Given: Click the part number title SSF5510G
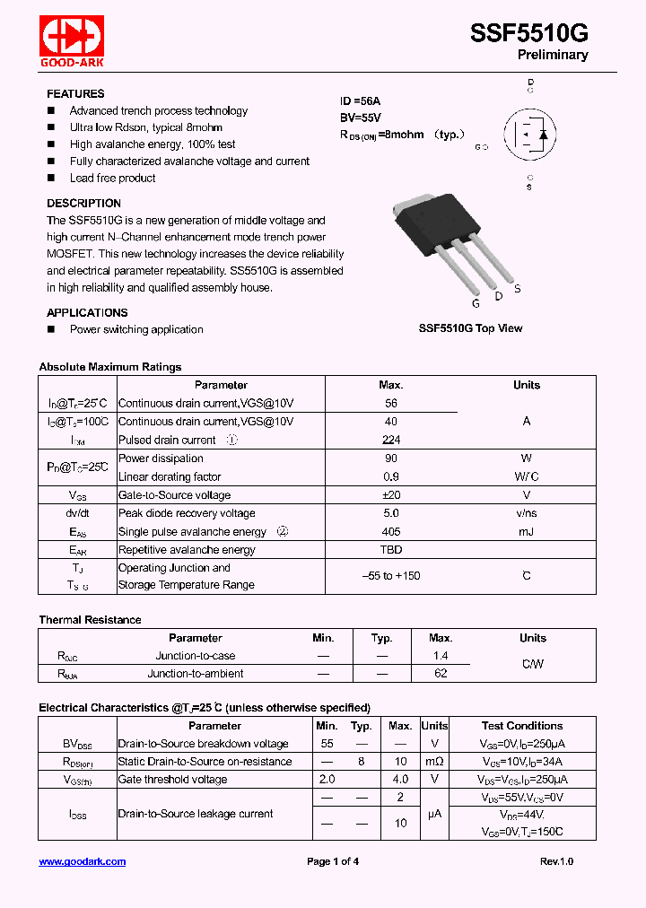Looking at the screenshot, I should click(x=528, y=33).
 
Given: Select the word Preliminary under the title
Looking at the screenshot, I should click(x=553, y=56).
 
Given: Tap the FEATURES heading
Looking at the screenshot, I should click(x=75, y=94).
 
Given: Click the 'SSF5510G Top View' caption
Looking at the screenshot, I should click(x=470, y=328).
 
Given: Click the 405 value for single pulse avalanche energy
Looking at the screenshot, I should click(x=390, y=532).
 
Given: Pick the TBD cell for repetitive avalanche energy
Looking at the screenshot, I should click(x=390, y=550).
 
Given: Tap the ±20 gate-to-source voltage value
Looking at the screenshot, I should click(x=390, y=495).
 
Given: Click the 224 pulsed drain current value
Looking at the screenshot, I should click(x=390, y=441).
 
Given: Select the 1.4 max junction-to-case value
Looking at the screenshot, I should click(x=440, y=656).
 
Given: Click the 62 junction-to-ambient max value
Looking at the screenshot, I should click(x=440, y=674).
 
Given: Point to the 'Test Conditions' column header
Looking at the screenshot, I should click(x=522, y=726).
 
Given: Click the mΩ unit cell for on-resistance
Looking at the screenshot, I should click(x=434, y=762).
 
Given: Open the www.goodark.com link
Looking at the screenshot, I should click(x=83, y=861).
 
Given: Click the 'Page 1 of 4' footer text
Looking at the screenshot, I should click(x=333, y=861).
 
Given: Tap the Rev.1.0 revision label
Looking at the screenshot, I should click(x=556, y=861).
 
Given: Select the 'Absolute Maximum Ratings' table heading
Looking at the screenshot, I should click(x=110, y=367).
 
